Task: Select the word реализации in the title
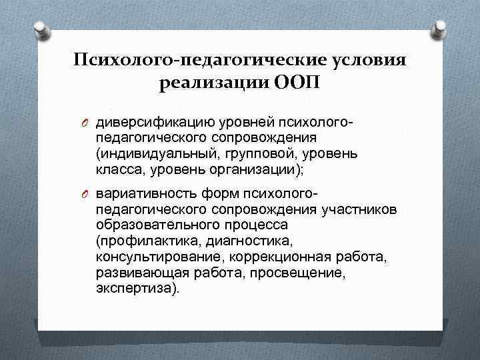212,85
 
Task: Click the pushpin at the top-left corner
41,28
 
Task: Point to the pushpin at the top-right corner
441,28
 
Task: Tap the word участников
361,210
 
